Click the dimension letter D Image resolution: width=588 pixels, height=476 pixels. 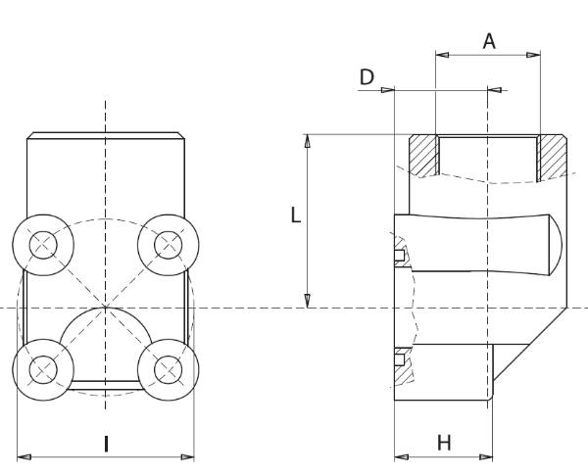click(x=367, y=76)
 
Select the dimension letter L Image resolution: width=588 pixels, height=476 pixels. click(x=295, y=215)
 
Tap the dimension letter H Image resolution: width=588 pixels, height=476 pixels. click(x=444, y=443)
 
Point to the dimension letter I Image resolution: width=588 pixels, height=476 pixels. click(x=106, y=444)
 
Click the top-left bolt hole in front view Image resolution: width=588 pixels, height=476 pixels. click(x=42, y=242)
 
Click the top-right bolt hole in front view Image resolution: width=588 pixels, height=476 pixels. click(x=169, y=242)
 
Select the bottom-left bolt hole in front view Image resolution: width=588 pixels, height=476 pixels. click(x=42, y=368)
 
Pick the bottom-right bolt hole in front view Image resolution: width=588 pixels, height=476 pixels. click(x=169, y=368)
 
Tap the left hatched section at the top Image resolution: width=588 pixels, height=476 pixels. click(x=422, y=155)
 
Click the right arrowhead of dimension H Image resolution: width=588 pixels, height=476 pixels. click(x=487, y=456)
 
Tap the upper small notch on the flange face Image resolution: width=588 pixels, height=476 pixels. click(x=400, y=258)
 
